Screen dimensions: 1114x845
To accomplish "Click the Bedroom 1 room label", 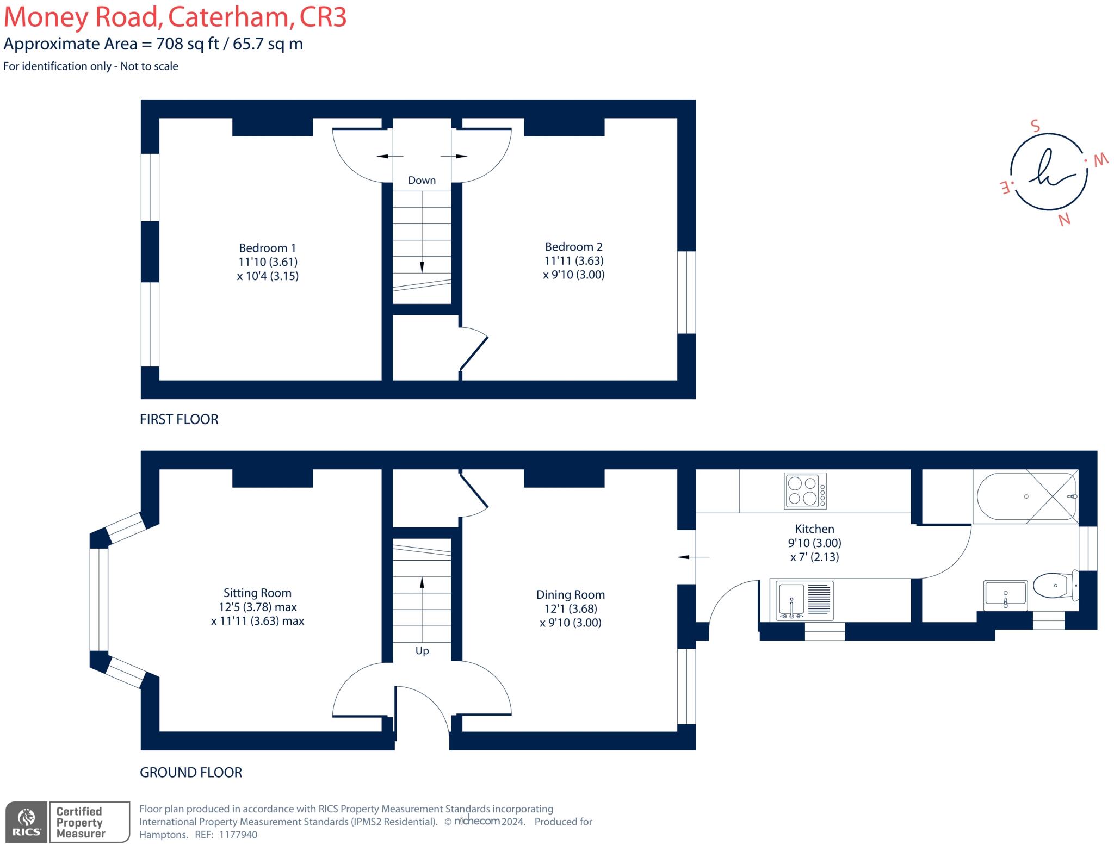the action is click(x=267, y=248).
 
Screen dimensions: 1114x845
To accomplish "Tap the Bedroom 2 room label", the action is click(x=573, y=247).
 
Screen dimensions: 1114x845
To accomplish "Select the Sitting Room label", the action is click(x=257, y=593).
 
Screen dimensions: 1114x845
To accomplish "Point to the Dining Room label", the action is click(x=570, y=594).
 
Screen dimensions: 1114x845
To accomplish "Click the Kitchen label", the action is click(x=814, y=529).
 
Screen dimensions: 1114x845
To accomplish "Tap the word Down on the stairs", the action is click(x=422, y=180).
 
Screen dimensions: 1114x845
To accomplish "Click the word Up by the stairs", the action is click(x=422, y=650).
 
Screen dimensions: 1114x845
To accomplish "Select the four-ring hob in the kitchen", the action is click(x=805, y=491).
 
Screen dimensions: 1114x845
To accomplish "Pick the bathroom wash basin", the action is click(x=1005, y=593).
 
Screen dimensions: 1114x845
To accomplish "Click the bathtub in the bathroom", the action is click(x=1025, y=497).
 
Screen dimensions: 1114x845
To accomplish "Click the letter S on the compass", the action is click(x=1035, y=126).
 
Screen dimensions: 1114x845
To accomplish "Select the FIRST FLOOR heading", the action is click(x=179, y=419).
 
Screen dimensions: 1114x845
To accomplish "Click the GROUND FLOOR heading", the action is click(x=191, y=772).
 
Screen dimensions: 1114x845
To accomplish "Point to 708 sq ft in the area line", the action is click(x=187, y=44).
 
